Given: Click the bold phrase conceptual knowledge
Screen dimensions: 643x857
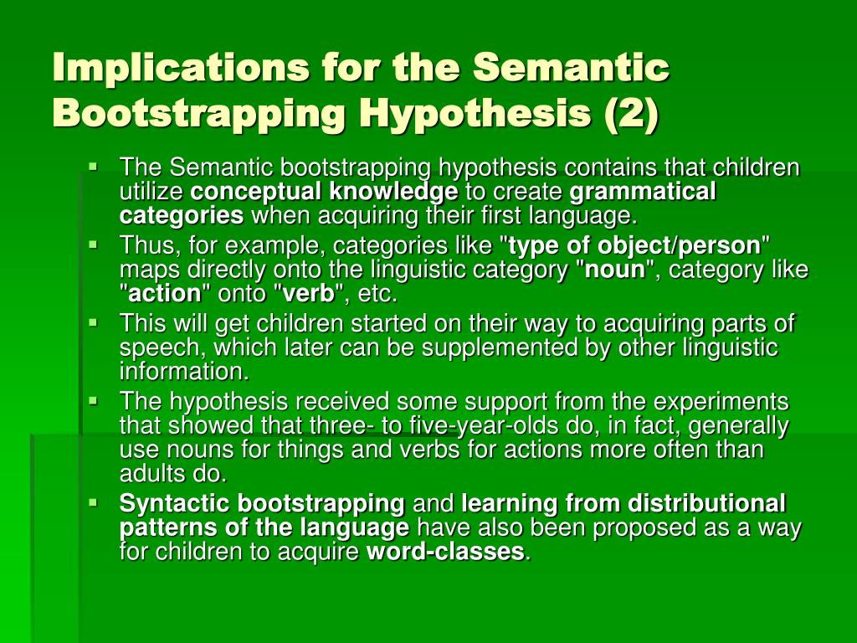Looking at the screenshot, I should [x=324, y=192].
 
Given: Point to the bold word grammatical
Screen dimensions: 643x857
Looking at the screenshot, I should [x=643, y=192].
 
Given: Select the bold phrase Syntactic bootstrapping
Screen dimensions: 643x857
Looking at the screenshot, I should [x=262, y=503].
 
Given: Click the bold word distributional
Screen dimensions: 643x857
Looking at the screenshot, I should [x=707, y=503].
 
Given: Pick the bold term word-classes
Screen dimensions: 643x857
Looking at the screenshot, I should [x=446, y=552].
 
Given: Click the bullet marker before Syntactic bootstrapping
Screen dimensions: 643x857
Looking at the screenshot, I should [x=93, y=502].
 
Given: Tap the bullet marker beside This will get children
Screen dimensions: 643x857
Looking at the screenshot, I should [x=93, y=321].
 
